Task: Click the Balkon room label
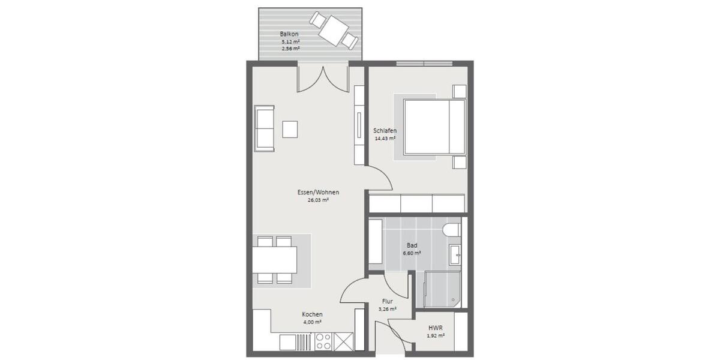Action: tap(289, 34)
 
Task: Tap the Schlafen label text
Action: tap(385, 131)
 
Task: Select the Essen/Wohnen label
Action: tap(318, 193)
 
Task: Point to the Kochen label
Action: tap(313, 314)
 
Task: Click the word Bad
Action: tap(412, 245)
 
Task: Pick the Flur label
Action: tap(387, 302)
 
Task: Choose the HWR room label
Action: tap(436, 328)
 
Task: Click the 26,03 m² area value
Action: tap(318, 200)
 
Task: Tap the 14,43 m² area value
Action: tap(385, 139)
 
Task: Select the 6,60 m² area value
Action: tap(412, 253)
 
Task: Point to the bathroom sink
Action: tap(455, 254)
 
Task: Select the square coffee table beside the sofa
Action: tap(290, 129)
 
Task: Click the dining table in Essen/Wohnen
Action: tap(274, 260)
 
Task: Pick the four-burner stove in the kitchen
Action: tap(324, 341)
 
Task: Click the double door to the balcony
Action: tap(323, 78)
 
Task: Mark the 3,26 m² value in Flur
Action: tap(387, 310)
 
